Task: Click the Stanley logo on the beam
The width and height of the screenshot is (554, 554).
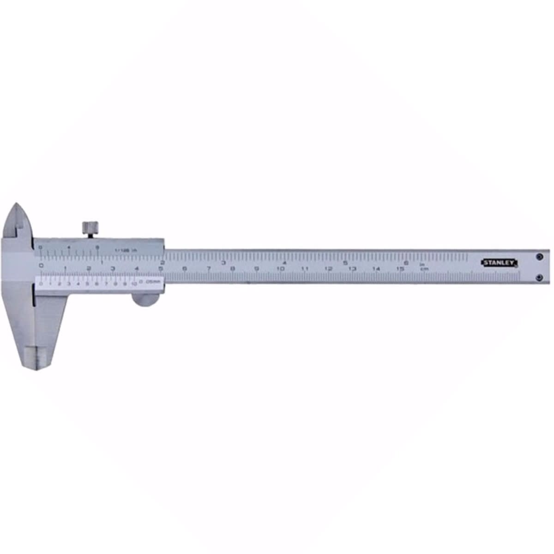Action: [x=500, y=263]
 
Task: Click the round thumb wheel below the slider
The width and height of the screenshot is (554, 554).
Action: [x=145, y=300]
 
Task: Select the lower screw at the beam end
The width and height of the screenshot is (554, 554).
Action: [x=539, y=277]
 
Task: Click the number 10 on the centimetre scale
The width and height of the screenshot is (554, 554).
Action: [x=280, y=269]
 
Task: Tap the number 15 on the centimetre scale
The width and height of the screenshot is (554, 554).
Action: [x=400, y=269]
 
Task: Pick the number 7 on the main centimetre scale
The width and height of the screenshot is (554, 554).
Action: [x=209, y=269]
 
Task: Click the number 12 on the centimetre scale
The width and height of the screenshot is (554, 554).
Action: [x=328, y=269]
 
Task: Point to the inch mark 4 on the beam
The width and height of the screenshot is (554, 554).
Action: [x=284, y=262]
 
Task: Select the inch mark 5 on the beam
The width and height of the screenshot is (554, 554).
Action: [x=345, y=262]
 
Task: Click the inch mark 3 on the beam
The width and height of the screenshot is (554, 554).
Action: [x=223, y=262]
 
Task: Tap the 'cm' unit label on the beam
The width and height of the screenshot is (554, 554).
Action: [x=422, y=269]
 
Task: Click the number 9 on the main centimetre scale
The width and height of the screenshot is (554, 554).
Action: [x=257, y=269]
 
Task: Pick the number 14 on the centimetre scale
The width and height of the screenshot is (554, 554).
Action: [x=376, y=269]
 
